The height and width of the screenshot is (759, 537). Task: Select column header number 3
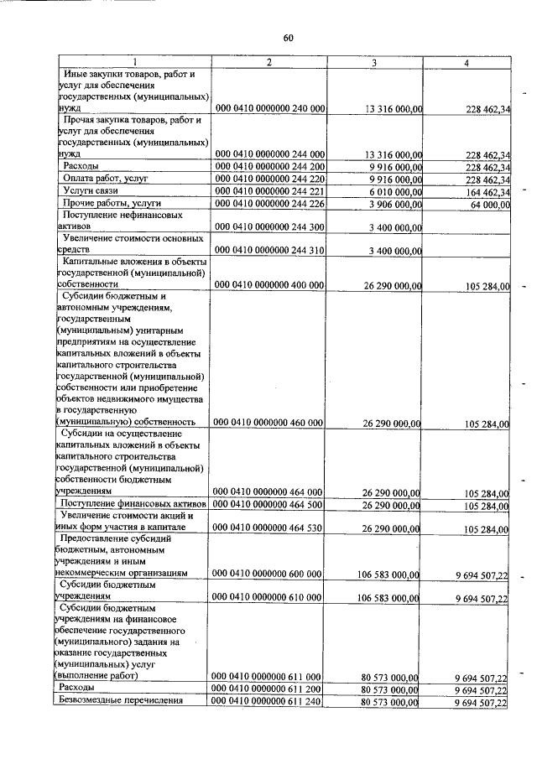pyautogui.click(x=373, y=64)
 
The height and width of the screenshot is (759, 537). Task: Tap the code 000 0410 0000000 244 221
pyautogui.click(x=269, y=191)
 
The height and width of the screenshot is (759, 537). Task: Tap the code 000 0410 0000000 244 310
pyautogui.click(x=269, y=251)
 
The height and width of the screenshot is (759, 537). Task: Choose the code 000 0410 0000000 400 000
pyautogui.click(x=269, y=286)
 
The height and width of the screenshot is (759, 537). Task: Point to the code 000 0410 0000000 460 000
pyautogui.click(x=269, y=424)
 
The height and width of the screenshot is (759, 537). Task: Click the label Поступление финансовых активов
pyautogui.click(x=133, y=503)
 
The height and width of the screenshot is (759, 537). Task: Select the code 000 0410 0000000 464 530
pyautogui.click(x=269, y=528)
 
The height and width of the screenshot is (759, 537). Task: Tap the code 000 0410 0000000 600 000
pyautogui.click(x=269, y=574)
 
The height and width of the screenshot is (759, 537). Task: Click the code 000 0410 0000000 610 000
pyautogui.click(x=269, y=598)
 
